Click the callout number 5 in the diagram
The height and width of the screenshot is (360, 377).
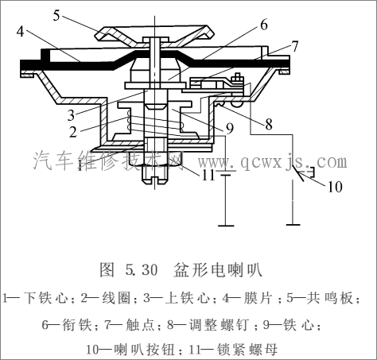click(57, 14)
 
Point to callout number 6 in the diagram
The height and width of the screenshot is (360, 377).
click(263, 25)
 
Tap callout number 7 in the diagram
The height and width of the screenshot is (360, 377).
click(295, 45)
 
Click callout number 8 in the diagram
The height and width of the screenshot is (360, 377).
click(267, 124)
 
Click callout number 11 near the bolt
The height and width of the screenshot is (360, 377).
click(207, 175)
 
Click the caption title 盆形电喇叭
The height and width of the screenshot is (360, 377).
click(217, 269)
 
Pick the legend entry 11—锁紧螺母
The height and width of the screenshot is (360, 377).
click(231, 348)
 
